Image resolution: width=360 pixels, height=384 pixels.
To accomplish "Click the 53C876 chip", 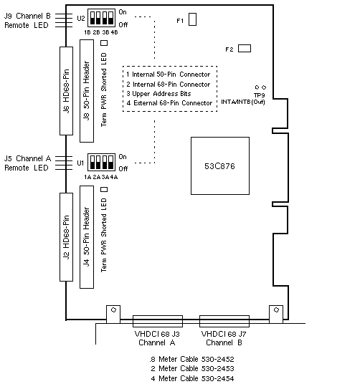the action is click(x=220, y=165).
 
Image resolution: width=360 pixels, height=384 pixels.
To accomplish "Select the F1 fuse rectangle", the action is click(x=193, y=19).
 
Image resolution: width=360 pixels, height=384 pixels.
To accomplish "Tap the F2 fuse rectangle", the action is click(x=245, y=48).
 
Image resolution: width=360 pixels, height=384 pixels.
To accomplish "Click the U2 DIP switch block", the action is click(x=101, y=18).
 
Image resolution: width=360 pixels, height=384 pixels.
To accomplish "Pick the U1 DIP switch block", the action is click(x=101, y=162).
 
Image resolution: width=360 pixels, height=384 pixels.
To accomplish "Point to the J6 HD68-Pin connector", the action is click(x=67, y=91).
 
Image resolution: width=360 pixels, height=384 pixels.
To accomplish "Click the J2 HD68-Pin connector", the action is click(x=67, y=237).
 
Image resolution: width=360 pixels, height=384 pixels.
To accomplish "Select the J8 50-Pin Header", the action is click(x=87, y=91).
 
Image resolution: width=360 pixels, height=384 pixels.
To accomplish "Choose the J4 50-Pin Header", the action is click(x=87, y=237).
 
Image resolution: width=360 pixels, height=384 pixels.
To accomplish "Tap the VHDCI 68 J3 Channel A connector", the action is click(x=158, y=321).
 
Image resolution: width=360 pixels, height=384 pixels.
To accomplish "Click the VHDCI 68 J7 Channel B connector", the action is click(x=224, y=321).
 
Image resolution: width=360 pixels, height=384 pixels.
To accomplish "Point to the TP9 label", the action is click(x=260, y=95).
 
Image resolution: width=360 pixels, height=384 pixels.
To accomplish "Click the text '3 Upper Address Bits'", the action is click(x=158, y=94).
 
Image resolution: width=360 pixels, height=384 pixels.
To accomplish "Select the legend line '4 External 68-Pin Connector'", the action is click(x=169, y=103).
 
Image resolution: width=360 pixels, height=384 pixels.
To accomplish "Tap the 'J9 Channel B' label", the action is click(x=27, y=16).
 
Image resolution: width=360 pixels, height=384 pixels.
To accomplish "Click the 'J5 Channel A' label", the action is click(x=27, y=158).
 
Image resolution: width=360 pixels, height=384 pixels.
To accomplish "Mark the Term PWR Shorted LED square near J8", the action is click(x=104, y=43).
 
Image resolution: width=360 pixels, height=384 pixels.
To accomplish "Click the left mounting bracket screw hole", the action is click(x=113, y=310).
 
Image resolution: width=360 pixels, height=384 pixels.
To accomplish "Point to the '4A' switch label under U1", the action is click(x=114, y=177).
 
